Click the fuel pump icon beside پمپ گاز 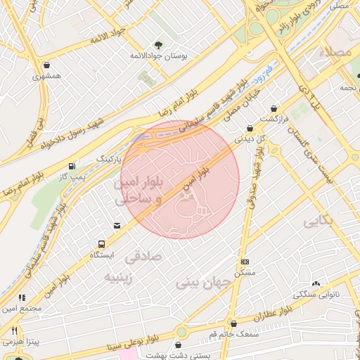72,167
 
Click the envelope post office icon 116,225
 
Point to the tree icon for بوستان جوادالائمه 157,45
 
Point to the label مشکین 244,272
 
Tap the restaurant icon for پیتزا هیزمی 13,330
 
